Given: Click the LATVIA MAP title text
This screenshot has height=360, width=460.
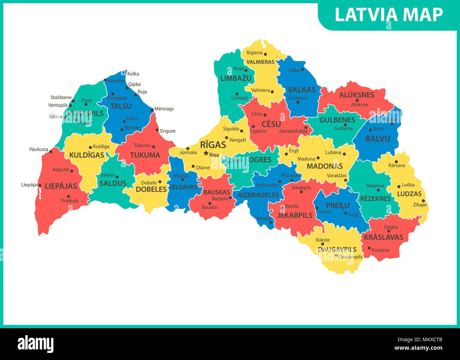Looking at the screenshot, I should (x=389, y=14).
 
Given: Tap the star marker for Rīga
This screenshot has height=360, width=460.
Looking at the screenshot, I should (x=206, y=153).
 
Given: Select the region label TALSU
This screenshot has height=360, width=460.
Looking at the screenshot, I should (x=121, y=106).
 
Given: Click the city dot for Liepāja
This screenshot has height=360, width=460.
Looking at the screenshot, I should (x=40, y=185).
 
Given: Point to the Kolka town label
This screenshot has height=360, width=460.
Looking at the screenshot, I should (x=133, y=74).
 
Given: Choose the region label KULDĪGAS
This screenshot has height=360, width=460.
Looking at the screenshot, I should (x=87, y=155).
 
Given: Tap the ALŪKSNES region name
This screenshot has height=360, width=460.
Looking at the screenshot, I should (x=357, y=95).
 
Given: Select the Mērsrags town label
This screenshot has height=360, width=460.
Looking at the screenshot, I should (x=164, y=109).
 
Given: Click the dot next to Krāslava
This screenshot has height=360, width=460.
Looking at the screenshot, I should (x=369, y=248).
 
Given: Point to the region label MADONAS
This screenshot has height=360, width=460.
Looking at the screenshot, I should (x=324, y=166).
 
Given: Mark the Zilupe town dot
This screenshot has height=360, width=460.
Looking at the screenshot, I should (x=424, y=201).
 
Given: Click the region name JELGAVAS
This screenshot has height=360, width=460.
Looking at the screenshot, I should (x=183, y=187).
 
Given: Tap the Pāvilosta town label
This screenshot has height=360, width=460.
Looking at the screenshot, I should (x=39, y=150).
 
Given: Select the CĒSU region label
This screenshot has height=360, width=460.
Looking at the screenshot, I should (x=271, y=124).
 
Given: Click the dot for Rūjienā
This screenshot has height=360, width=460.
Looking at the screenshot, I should (x=265, y=54).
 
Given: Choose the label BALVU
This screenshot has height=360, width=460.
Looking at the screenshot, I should (x=378, y=139).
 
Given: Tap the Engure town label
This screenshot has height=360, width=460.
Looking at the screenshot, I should (x=168, y=131).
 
